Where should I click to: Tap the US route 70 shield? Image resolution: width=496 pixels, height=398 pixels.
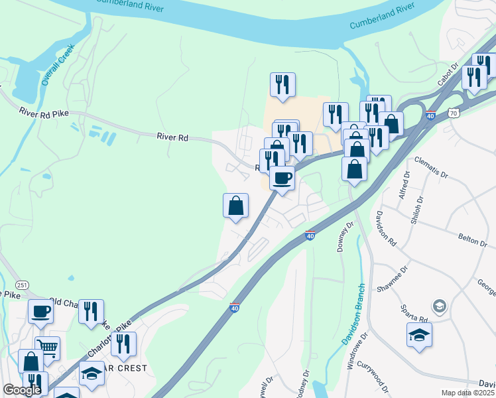point(453,113)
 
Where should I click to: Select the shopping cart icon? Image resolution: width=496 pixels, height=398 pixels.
point(47,346)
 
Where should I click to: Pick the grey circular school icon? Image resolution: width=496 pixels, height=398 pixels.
point(438,306)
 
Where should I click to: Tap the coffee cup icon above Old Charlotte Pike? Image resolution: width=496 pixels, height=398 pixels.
point(40,310)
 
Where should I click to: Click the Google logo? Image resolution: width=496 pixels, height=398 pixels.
point(22,390)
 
